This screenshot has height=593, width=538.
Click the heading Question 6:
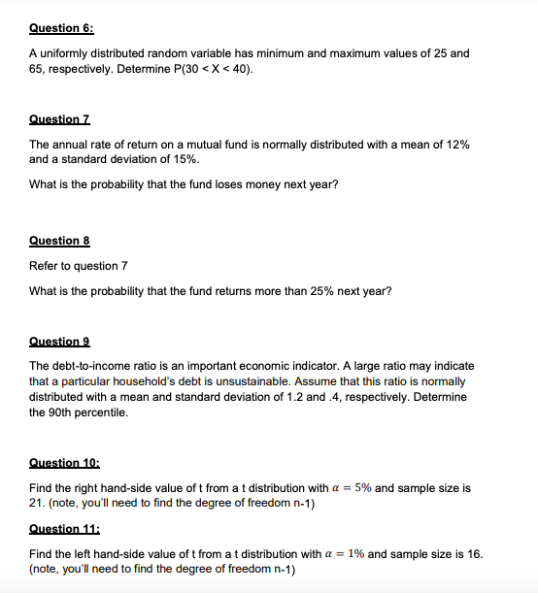[58, 29]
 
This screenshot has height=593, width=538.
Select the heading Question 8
[55, 240]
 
